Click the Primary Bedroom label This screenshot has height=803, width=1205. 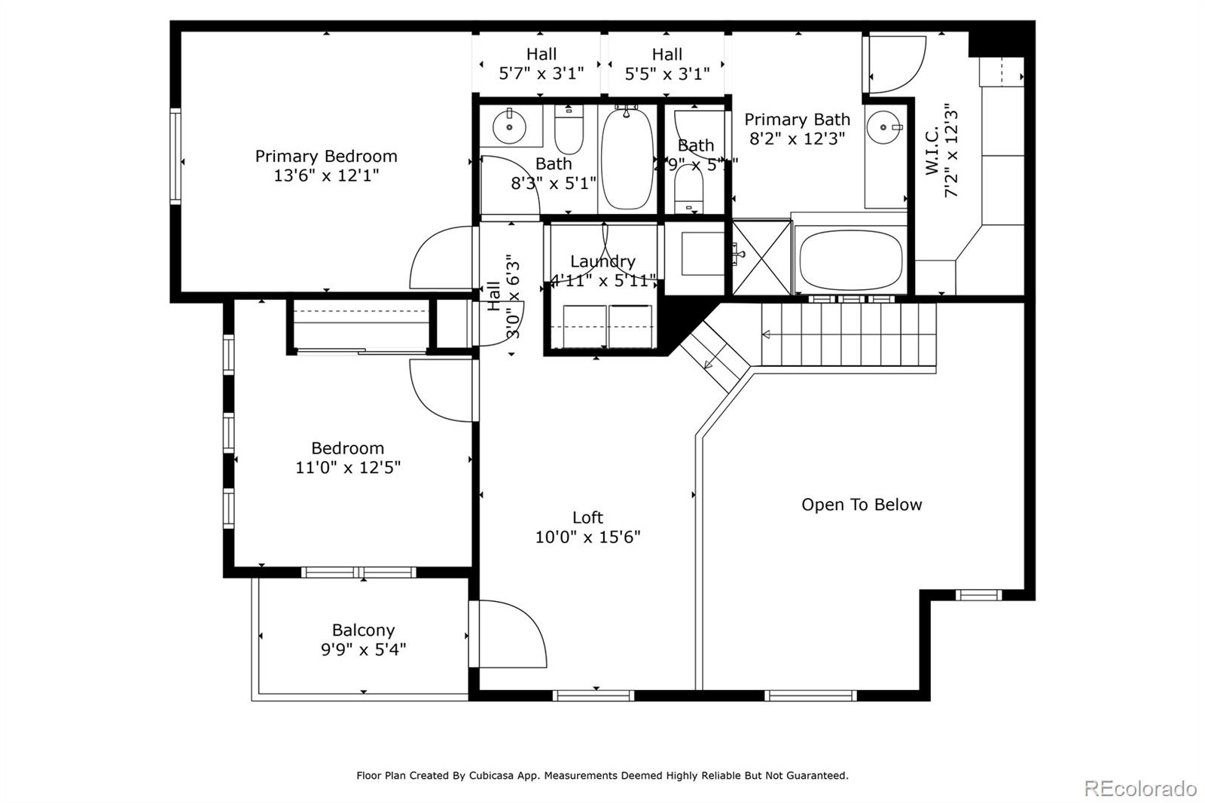tap(326, 157)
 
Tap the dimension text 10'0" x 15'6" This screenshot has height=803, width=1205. tap(587, 537)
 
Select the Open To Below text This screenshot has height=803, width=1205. tap(862, 505)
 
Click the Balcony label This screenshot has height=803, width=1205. tap(363, 630)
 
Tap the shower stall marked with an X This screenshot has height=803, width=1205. tap(761, 257)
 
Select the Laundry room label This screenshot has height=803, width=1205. tap(602, 261)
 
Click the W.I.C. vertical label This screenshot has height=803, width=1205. tap(932, 151)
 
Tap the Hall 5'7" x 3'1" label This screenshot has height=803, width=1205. tap(541, 64)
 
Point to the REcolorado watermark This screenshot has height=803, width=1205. tap(1139, 789)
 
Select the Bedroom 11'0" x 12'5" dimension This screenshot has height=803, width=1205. tap(347, 468)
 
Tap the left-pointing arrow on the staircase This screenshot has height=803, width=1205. tap(767, 334)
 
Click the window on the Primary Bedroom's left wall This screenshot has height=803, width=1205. tap(175, 156)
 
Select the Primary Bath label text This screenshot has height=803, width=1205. tap(797, 120)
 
